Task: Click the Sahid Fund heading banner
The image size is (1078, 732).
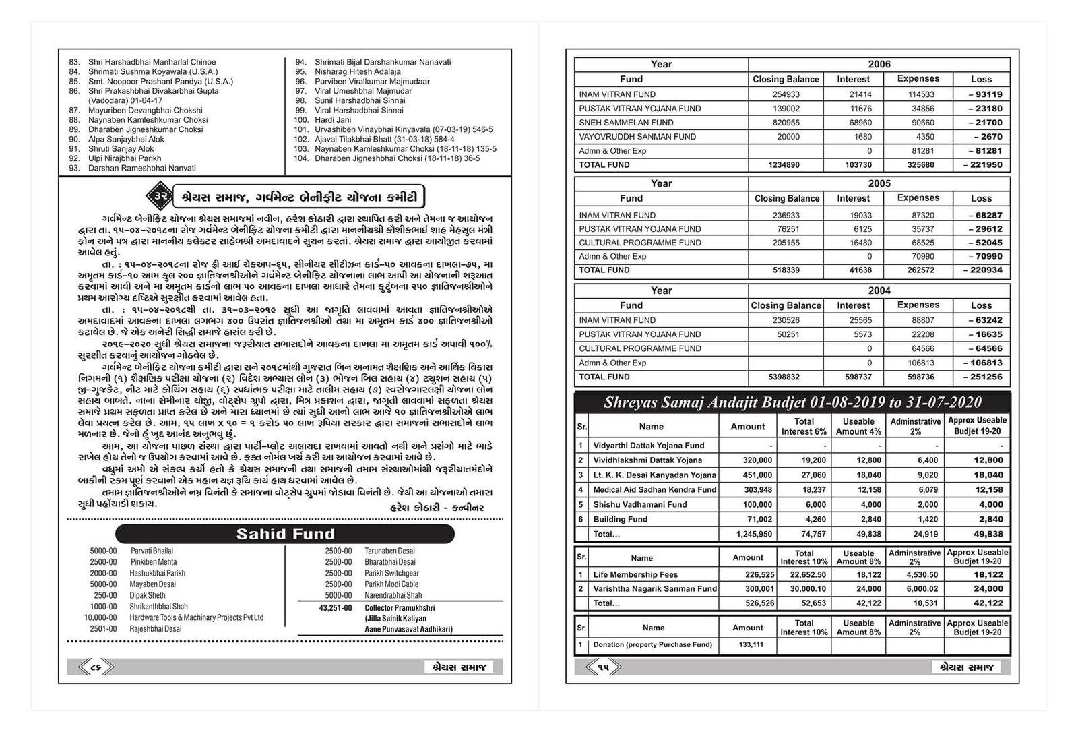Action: click(x=285, y=535)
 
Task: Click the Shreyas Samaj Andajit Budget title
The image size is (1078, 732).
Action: click(x=792, y=403)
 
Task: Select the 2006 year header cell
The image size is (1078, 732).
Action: click(x=879, y=64)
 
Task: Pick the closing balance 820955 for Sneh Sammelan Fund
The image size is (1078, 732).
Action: click(x=786, y=123)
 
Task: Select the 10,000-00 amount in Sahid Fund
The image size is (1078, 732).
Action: click(x=100, y=617)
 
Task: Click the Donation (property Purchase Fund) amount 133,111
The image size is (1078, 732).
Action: click(x=751, y=645)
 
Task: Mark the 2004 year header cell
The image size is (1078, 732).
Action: click(x=879, y=291)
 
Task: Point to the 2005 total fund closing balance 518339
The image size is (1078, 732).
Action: click(x=786, y=270)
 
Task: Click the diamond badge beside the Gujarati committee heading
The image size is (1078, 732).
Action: click(x=160, y=196)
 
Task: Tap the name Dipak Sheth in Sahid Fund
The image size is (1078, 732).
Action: click(x=148, y=595)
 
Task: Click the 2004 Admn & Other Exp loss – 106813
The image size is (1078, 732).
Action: click(x=981, y=363)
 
